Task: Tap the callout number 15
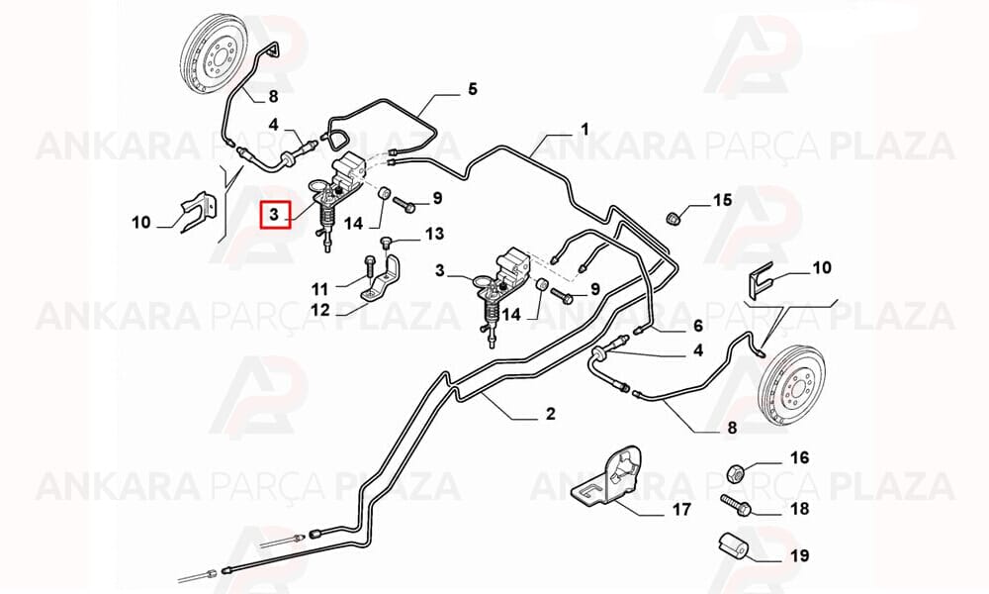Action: pos(723,200)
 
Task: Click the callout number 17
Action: pos(681,509)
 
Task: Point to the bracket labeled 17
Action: pos(608,475)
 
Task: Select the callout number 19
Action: pos(799,556)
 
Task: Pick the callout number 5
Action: pos(473,88)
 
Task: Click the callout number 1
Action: pos(584,130)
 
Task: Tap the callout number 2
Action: pos(550,414)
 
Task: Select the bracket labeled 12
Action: pos(382,281)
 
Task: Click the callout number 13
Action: pos(434,234)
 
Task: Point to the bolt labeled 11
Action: pos(369,267)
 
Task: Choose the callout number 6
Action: pos(697,326)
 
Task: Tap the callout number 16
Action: pos(799,457)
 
